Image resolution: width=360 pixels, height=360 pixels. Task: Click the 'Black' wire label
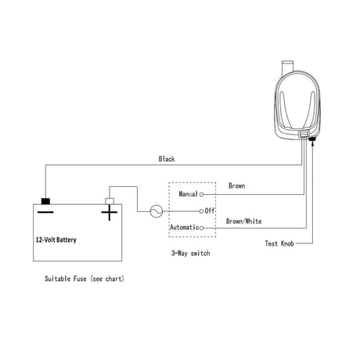pyautogui.click(x=167, y=159)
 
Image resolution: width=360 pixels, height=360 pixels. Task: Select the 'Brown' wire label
pyautogui.click(x=236, y=185)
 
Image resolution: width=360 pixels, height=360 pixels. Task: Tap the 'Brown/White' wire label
pyautogui.click(x=243, y=221)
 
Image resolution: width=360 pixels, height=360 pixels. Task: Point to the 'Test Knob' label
pyautogui.click(x=279, y=243)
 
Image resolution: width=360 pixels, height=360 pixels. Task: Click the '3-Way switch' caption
pyautogui.click(x=190, y=253)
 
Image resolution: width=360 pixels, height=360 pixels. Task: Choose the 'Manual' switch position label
pyautogui.click(x=188, y=194)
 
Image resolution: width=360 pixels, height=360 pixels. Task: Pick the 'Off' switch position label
pyautogui.click(x=210, y=211)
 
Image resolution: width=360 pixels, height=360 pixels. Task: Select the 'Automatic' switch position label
pyautogui.click(x=185, y=227)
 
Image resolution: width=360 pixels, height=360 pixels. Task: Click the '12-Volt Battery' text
pyautogui.click(x=56, y=239)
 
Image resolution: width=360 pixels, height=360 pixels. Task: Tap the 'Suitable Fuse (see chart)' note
pyautogui.click(x=85, y=279)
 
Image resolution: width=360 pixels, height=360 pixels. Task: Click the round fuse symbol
pyautogui.click(x=157, y=211)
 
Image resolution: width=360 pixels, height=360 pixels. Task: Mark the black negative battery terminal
pyautogui.click(x=45, y=201)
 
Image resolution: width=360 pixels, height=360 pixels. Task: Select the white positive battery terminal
pyautogui.click(x=110, y=201)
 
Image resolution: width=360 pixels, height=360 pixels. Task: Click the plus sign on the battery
pyautogui.click(x=110, y=212)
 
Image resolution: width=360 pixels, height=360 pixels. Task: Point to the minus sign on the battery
pyautogui.click(x=45, y=212)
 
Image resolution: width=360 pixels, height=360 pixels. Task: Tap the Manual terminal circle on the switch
pyautogui.click(x=201, y=194)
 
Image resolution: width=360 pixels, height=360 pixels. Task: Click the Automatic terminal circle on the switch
pyautogui.click(x=201, y=228)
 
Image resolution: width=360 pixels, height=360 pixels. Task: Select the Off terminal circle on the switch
pyautogui.click(x=201, y=211)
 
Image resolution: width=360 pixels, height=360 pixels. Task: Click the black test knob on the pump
pyautogui.click(x=312, y=139)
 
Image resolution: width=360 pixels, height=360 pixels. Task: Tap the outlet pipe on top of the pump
pyautogui.click(x=288, y=67)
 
